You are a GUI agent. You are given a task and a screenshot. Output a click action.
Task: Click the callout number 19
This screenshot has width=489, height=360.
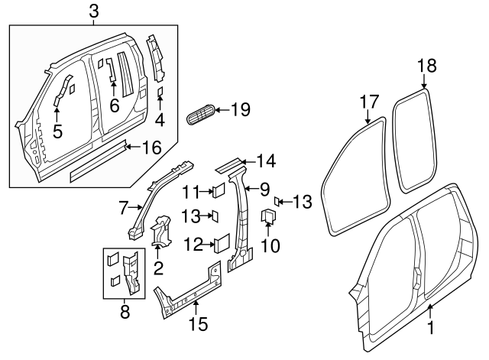(x=240, y=110)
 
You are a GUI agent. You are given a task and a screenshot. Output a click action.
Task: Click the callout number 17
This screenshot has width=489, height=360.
(x=369, y=101)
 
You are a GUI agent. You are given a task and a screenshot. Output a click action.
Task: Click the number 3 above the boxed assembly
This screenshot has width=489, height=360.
(x=93, y=11)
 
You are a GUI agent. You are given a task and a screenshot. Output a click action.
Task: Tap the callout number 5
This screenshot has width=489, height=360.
(x=57, y=131)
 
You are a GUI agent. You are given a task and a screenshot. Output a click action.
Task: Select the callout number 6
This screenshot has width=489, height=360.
(x=115, y=105)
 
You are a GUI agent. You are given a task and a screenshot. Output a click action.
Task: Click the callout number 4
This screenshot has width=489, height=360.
(x=159, y=120)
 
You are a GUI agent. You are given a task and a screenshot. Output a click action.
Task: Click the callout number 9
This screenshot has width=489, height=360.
(x=264, y=187)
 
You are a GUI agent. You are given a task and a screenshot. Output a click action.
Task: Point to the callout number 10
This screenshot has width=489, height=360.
(x=271, y=246)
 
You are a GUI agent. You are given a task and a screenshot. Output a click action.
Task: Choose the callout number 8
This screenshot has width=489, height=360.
(x=125, y=312)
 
